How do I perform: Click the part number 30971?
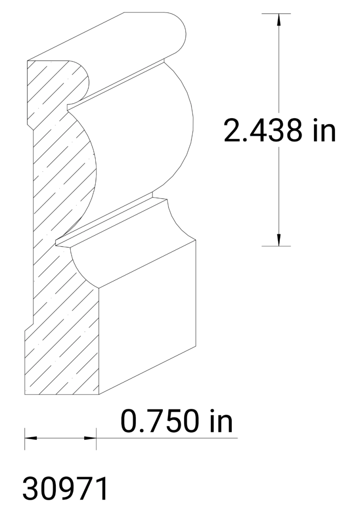tap(66, 489)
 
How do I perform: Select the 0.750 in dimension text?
tap(177, 422)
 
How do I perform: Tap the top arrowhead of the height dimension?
tap(278, 19)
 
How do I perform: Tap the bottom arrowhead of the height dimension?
tap(278, 240)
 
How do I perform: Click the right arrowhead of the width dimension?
tap(91, 438)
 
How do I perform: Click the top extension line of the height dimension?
tap(275, 14)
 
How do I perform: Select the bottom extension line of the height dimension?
tap(275, 246)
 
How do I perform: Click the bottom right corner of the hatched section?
tap(99, 394)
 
